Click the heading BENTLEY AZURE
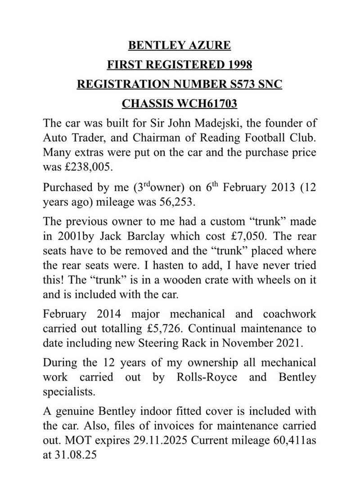(180, 45)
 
